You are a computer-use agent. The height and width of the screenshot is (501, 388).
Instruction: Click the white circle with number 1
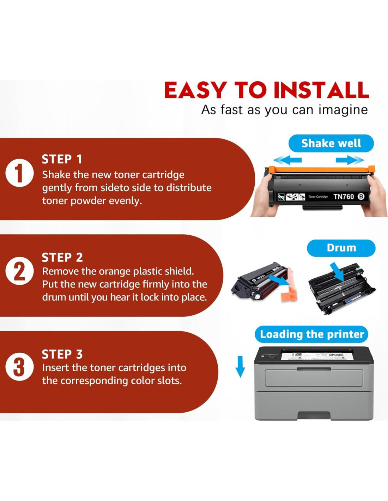[x=19, y=173]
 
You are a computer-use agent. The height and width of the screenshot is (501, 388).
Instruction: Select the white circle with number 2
[x=19, y=271]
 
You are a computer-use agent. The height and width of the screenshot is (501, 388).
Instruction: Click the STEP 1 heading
[x=62, y=160]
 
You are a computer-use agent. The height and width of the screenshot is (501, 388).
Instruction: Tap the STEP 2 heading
[x=62, y=258]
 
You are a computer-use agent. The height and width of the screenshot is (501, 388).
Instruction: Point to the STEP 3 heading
[x=62, y=354]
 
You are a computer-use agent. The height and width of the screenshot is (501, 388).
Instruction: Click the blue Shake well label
[x=331, y=143]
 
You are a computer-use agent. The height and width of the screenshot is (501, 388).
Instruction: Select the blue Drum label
[x=341, y=248]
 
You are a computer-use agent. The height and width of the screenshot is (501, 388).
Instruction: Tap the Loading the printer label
[x=312, y=334]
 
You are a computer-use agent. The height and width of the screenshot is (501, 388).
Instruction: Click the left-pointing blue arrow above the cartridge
[x=287, y=160]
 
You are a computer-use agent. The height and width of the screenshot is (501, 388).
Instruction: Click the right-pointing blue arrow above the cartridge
[x=350, y=160]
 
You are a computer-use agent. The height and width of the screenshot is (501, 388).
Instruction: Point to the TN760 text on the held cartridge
[x=344, y=197]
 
